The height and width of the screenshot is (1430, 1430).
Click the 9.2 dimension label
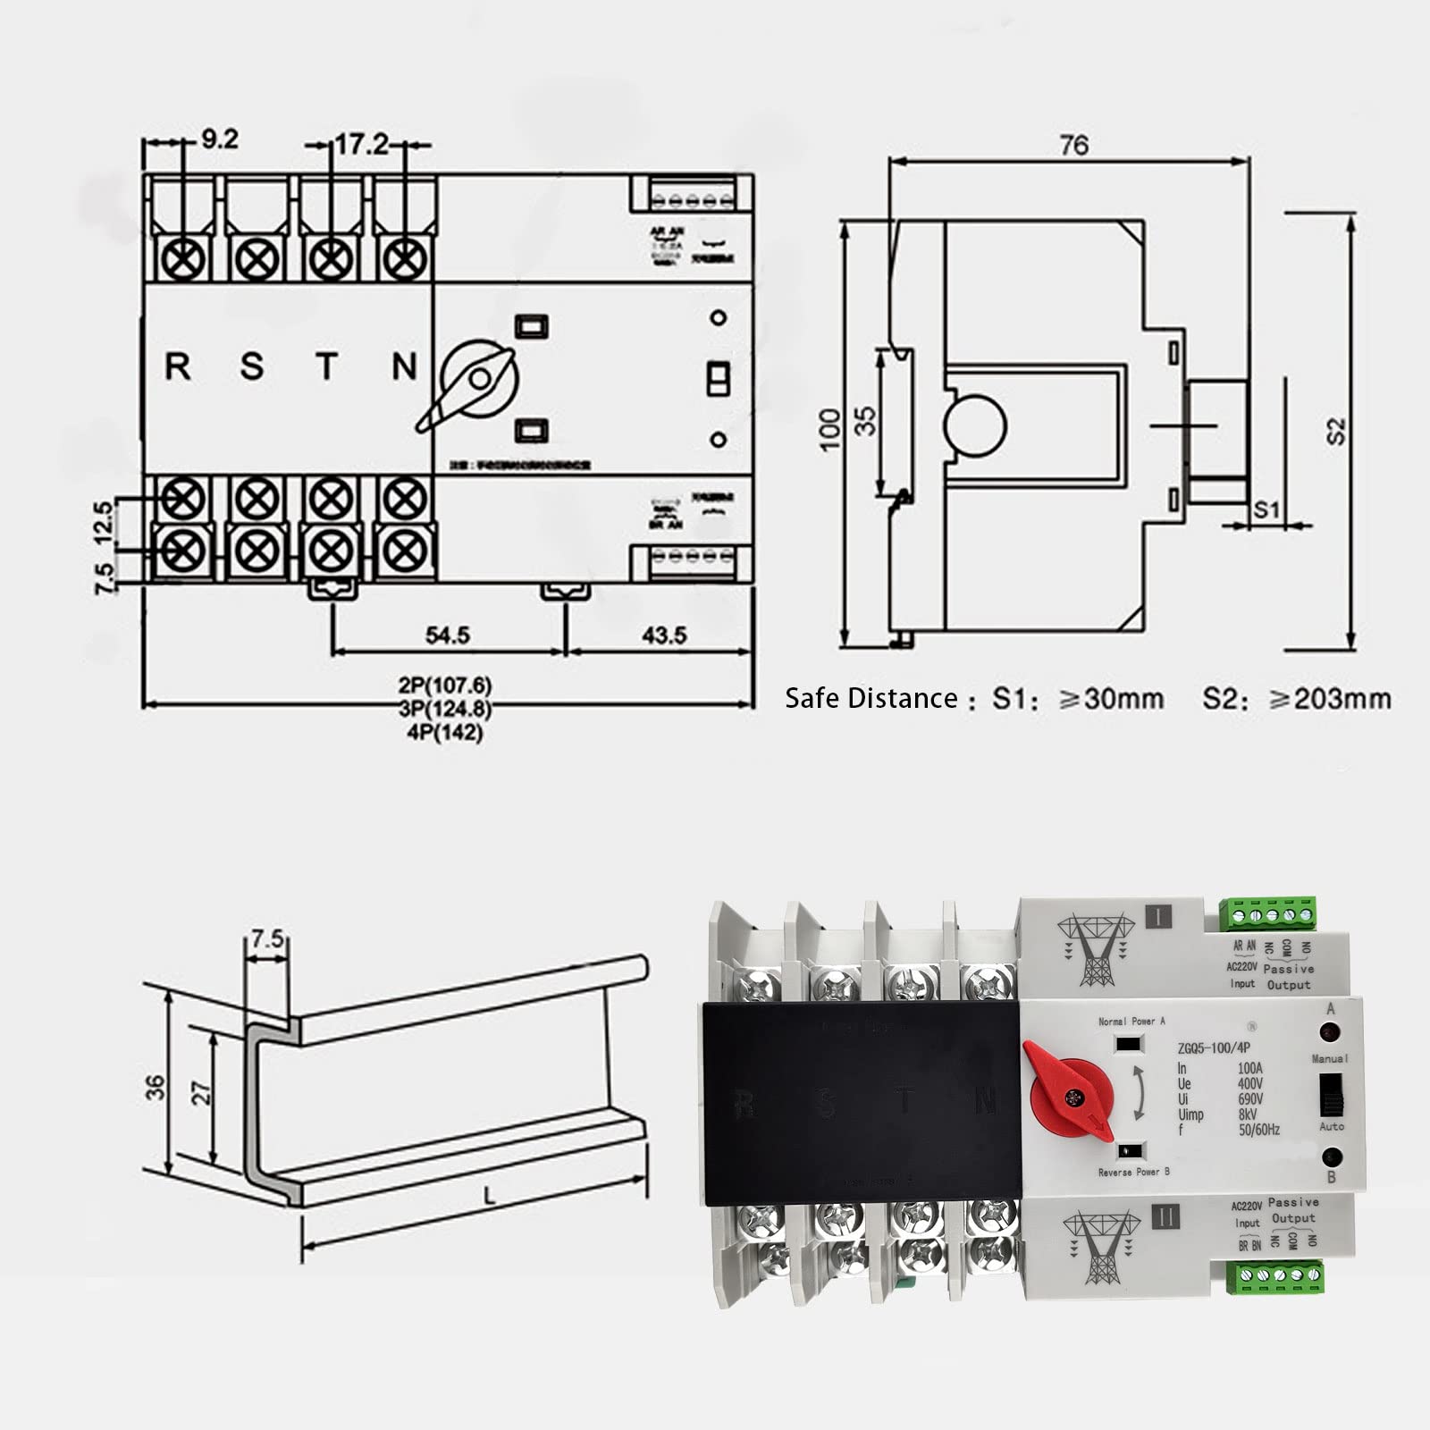(219, 139)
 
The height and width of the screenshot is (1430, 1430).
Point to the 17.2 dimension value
(361, 144)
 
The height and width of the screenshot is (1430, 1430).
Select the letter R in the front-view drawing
(178, 366)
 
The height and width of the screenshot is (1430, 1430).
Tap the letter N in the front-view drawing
(404, 366)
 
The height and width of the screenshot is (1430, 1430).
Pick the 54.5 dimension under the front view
(447, 635)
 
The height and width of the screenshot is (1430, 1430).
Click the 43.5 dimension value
(664, 635)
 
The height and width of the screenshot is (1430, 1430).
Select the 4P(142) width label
(444, 733)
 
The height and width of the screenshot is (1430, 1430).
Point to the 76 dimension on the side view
(1073, 145)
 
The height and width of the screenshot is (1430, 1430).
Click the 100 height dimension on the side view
(830, 429)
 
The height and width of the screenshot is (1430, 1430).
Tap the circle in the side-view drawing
(974, 425)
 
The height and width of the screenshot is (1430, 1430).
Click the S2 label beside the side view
(1335, 431)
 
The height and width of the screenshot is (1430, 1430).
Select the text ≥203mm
(1330, 699)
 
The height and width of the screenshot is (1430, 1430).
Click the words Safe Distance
(871, 699)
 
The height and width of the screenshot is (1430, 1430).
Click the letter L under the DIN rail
(489, 1195)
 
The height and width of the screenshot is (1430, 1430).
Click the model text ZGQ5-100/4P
(1213, 1048)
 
